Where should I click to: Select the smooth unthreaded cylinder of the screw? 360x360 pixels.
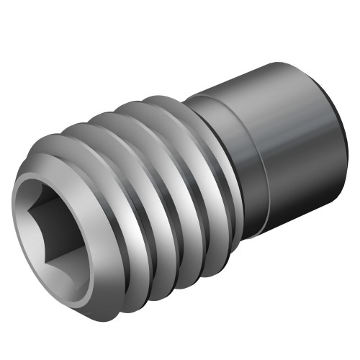click(x=288, y=144)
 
